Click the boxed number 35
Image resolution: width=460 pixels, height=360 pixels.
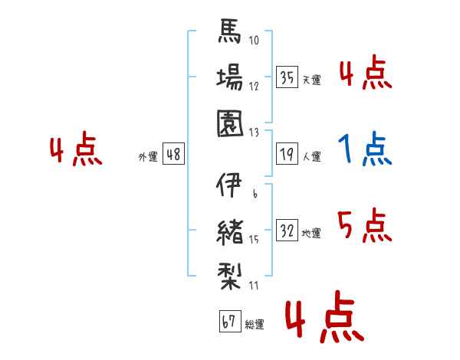coord(287,77)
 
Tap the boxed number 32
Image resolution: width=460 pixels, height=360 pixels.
coord(287,231)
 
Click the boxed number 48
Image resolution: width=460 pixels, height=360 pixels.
coord(173,155)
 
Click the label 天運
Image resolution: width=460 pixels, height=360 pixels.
coord(311,80)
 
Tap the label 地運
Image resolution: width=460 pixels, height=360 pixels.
coord(311,233)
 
